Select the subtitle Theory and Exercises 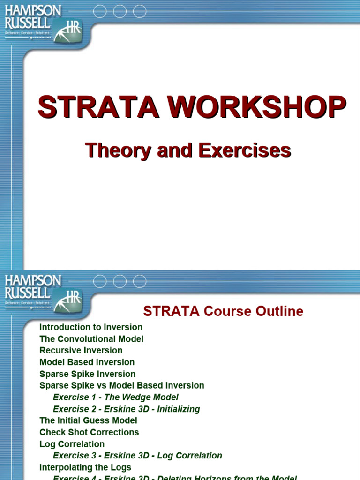[x=188, y=150]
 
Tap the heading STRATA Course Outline [x=223, y=311]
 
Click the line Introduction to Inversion [x=91, y=327]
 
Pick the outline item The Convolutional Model [x=91, y=339]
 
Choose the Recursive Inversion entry [x=81, y=351]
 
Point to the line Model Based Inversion [x=87, y=362]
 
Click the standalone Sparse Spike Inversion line [x=88, y=374]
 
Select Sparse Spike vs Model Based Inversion [x=122, y=386]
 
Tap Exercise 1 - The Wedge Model [x=116, y=397]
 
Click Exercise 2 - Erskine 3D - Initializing [x=127, y=409]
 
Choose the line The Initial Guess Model [x=89, y=420]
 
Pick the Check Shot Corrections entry [x=90, y=432]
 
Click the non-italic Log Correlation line [x=72, y=444]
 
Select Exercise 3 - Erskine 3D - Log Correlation [x=138, y=456]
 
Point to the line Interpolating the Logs [x=86, y=467]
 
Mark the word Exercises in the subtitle [x=245, y=150]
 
